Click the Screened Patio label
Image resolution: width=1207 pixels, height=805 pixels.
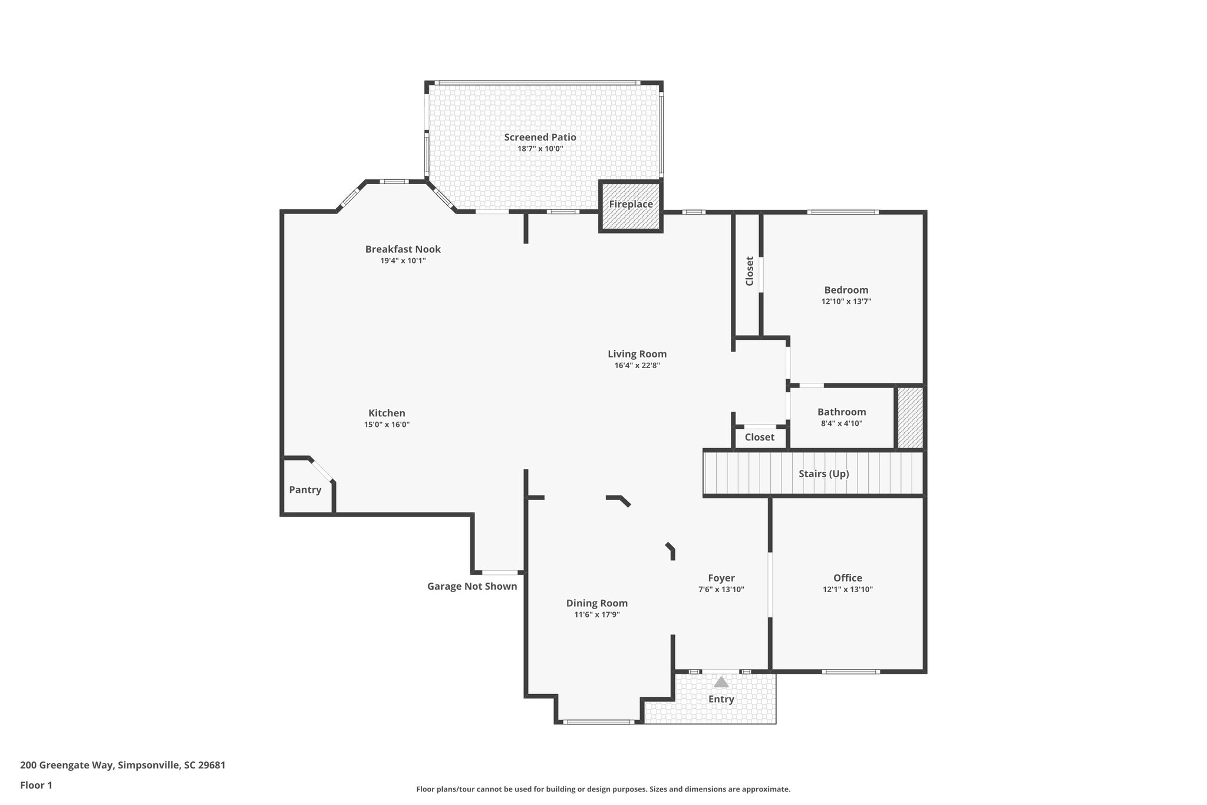[x=540, y=137]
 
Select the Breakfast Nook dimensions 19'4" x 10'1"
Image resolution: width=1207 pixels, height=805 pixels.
[x=403, y=261]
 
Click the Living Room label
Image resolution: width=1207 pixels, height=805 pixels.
[x=637, y=354]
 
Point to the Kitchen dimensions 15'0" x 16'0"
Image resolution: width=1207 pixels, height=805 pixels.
[x=387, y=425]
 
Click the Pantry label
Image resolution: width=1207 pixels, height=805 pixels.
[x=305, y=489]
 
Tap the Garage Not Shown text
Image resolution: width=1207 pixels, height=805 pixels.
[x=472, y=586]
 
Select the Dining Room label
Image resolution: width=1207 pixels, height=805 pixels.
[x=596, y=603]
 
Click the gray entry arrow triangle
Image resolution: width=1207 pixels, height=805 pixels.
[x=721, y=682]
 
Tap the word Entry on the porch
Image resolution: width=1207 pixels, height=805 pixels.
[x=721, y=699]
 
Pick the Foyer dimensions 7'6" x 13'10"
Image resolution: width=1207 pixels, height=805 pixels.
[x=721, y=589]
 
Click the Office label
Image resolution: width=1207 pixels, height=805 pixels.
[x=847, y=578]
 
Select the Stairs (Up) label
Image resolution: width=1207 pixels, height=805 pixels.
[x=823, y=474]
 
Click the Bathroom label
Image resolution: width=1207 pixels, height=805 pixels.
[x=842, y=412]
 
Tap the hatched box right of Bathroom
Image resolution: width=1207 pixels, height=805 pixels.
[x=910, y=418]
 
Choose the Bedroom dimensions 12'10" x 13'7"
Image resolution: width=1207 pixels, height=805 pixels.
[x=846, y=301]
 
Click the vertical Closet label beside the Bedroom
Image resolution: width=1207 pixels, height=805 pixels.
[x=750, y=271]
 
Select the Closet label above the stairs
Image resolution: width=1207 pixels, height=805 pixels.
[x=759, y=437]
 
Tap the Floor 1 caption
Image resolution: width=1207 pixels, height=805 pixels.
[x=36, y=785]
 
